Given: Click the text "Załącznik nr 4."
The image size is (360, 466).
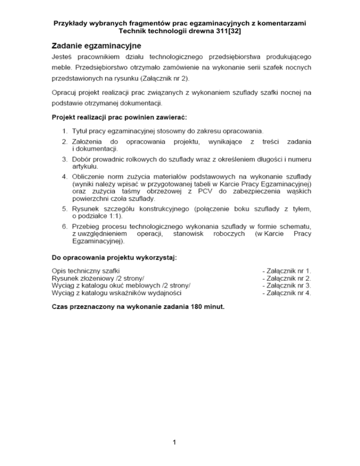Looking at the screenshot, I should (287, 293).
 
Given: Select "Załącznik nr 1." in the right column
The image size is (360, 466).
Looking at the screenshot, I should (287, 271).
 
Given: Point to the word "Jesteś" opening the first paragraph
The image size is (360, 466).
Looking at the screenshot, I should (61, 57).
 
